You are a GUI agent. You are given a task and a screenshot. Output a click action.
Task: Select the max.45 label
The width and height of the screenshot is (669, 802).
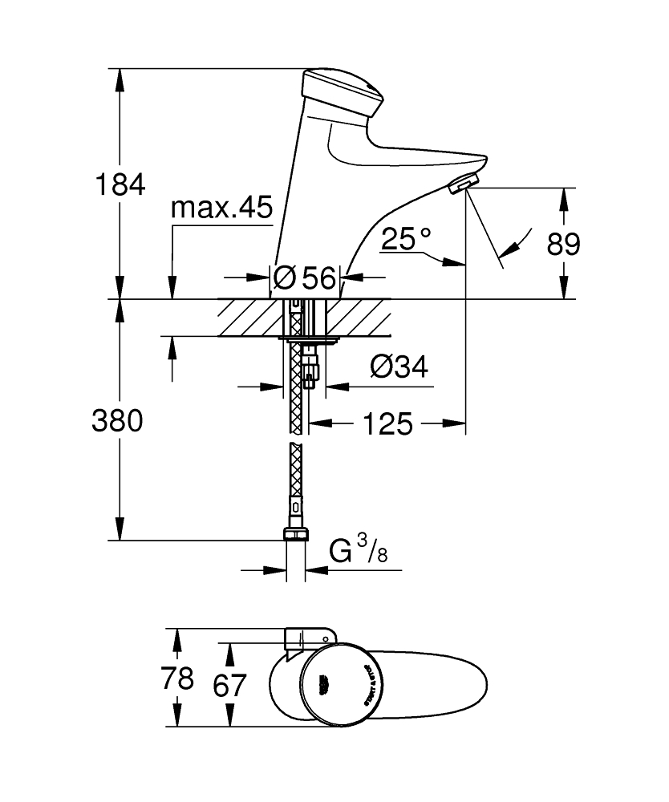pos(221,209)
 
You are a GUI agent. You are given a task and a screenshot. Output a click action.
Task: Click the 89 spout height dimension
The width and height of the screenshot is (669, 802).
pos(563,243)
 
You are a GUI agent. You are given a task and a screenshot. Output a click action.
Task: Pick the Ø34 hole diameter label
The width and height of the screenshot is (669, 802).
pos(398,367)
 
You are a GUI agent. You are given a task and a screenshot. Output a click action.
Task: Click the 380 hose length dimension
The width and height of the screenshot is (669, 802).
pos(120,420)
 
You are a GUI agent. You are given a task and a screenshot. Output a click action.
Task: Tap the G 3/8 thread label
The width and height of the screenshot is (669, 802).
pos(359,552)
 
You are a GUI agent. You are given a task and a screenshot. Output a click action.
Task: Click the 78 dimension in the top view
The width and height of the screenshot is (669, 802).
pos(176,678)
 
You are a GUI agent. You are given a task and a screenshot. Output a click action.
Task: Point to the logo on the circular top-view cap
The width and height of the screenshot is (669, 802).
pos(326,681)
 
